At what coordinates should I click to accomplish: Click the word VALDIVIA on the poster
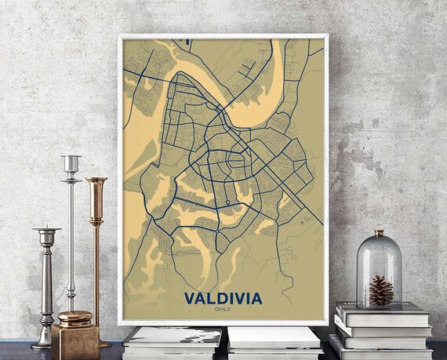click(223, 299)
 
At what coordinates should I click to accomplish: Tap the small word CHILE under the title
click(223, 309)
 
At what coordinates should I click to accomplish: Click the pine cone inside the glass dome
click(380, 289)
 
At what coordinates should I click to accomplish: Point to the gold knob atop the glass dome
click(380, 233)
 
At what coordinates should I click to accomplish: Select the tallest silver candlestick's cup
click(71, 164)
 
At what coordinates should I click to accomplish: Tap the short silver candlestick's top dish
click(46, 231)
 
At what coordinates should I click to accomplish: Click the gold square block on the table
click(75, 342)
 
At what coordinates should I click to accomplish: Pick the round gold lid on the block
click(74, 318)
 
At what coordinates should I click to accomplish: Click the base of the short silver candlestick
click(43, 343)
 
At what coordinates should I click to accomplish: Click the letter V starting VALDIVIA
click(189, 299)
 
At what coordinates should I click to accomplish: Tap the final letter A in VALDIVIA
click(258, 299)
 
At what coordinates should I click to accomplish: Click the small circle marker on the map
click(227, 202)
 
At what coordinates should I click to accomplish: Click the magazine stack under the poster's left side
click(173, 342)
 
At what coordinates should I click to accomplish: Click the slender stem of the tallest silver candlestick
click(71, 235)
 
